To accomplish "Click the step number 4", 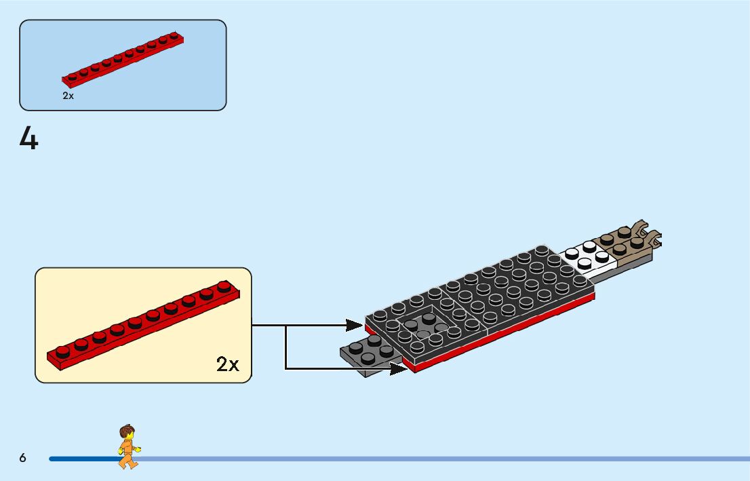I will (x=28, y=138).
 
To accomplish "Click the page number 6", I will (x=23, y=458).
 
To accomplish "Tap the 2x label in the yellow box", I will (x=228, y=364).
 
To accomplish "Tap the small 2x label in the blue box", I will (x=68, y=96).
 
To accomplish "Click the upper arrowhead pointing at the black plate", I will (x=357, y=325).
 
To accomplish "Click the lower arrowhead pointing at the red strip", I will (x=399, y=368).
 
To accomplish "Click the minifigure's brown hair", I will (x=126, y=431).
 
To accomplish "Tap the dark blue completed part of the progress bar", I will (x=81, y=459).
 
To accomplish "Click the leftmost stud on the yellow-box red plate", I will (x=62, y=350).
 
